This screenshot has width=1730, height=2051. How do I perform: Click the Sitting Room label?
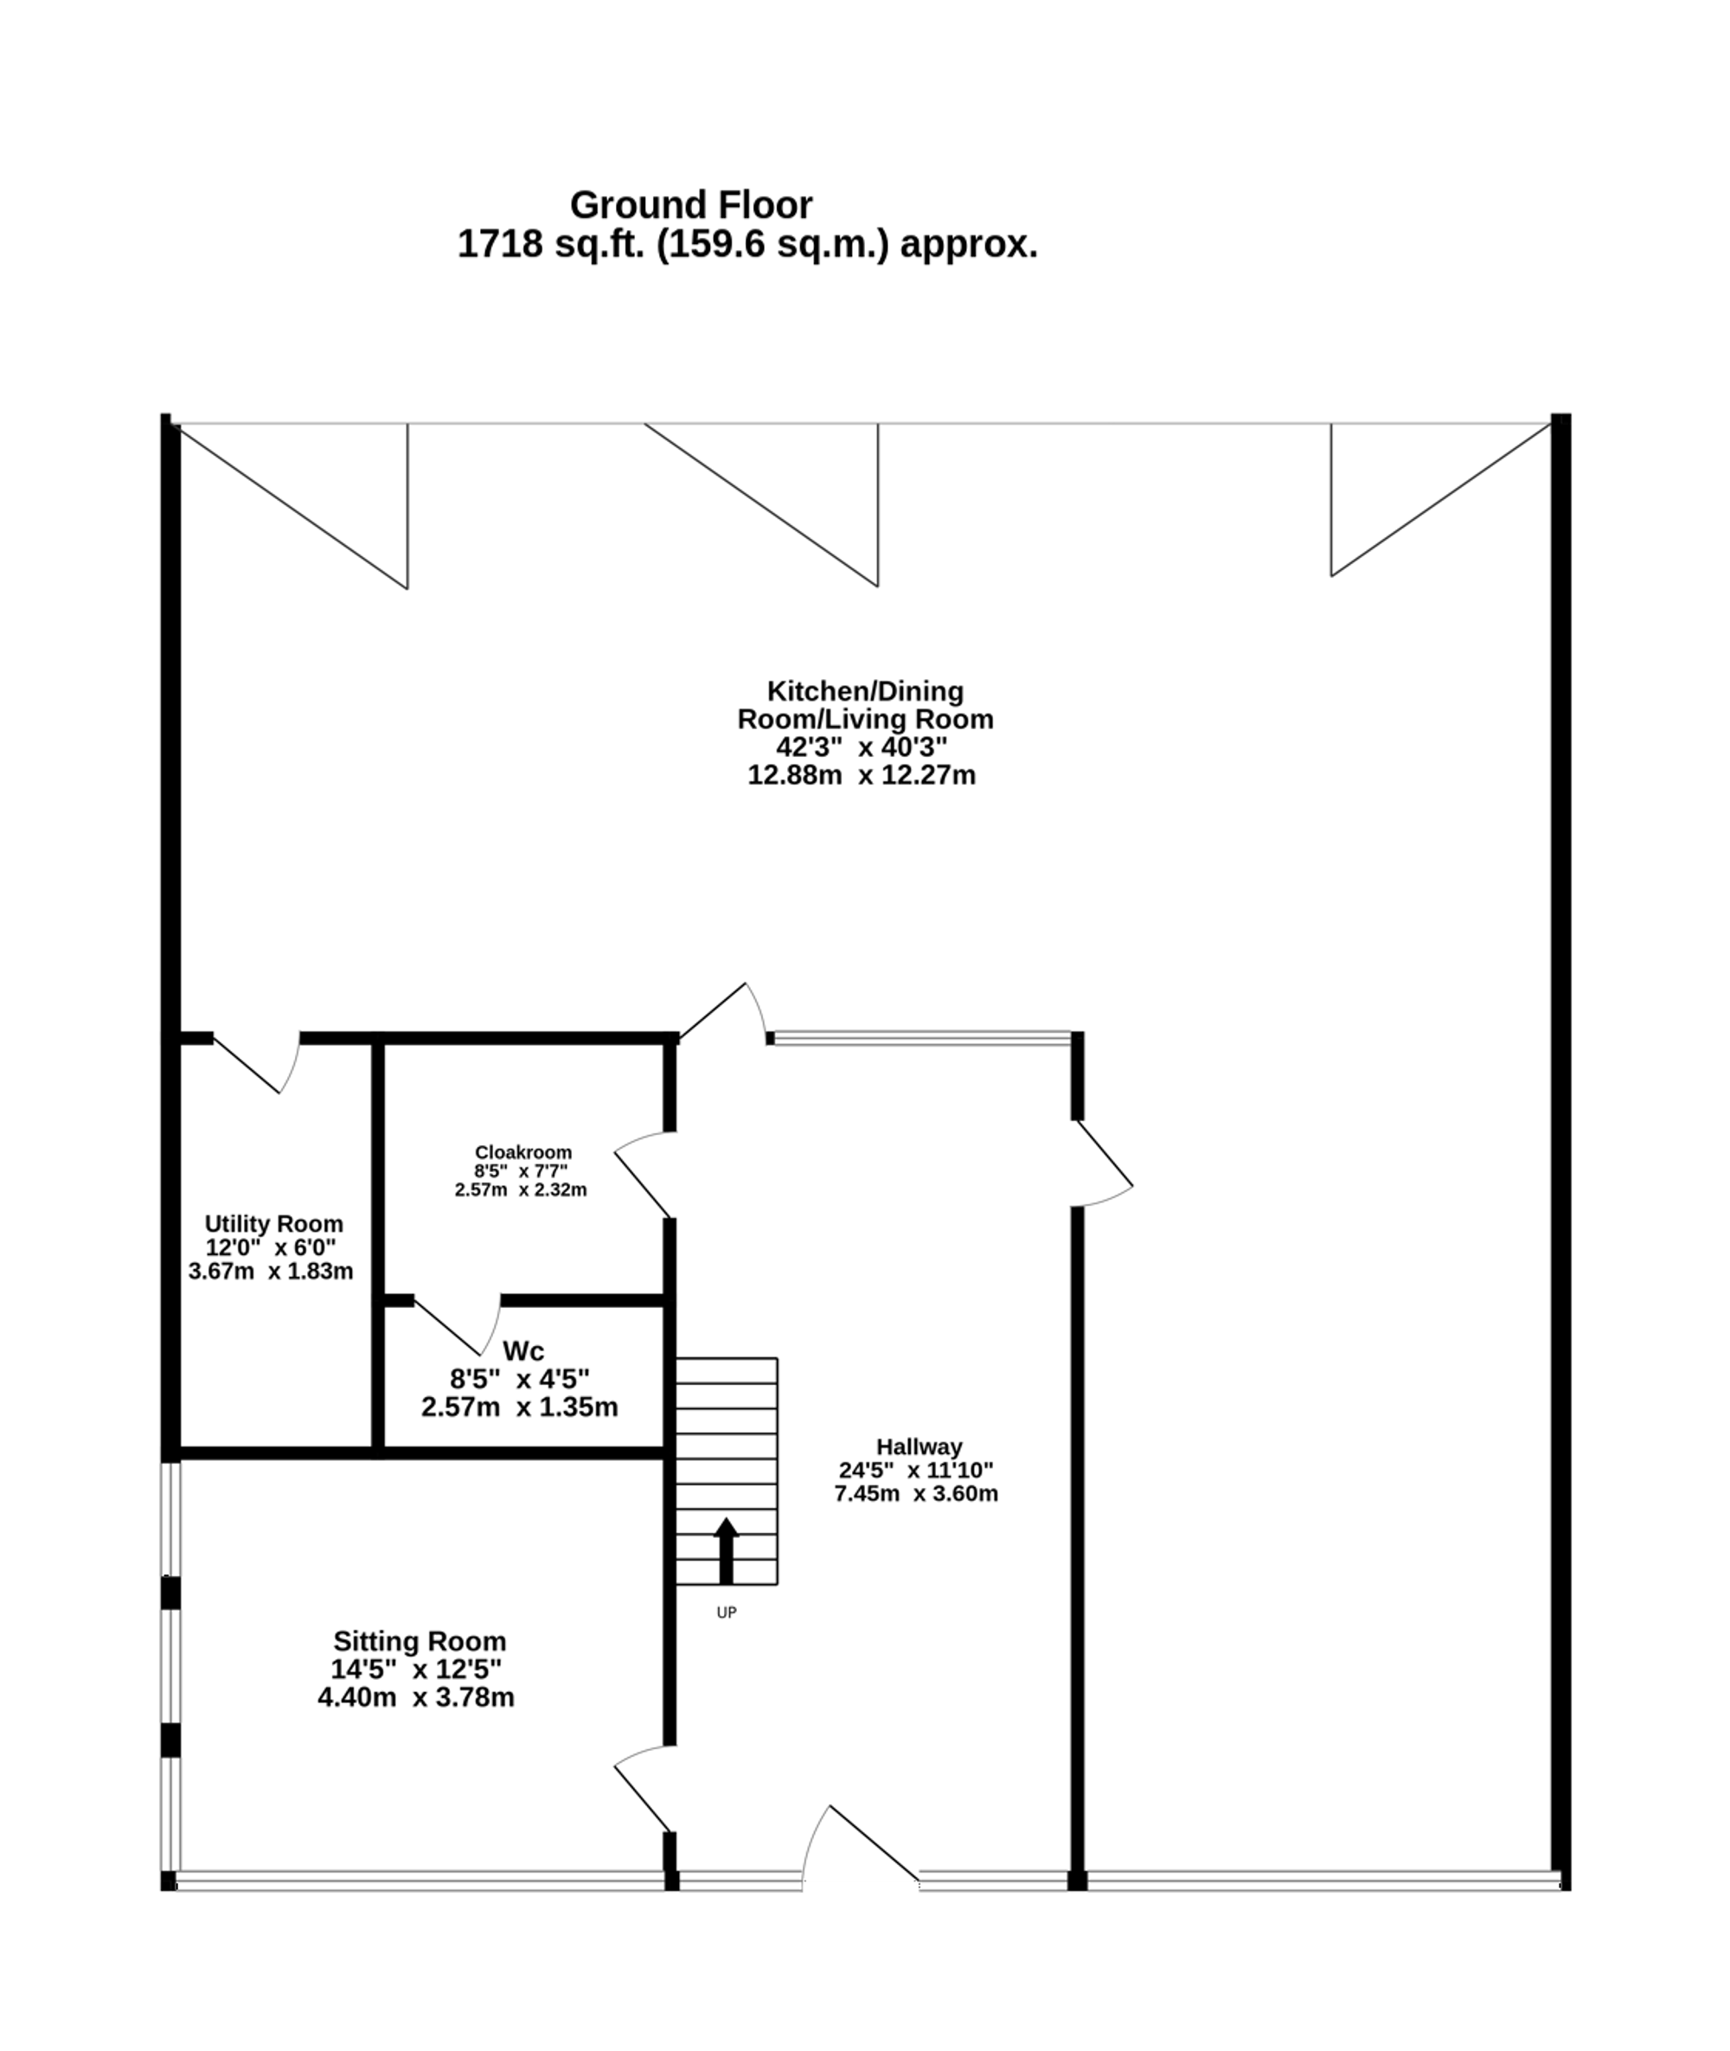[420, 1641]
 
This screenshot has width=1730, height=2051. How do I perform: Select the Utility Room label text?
[273, 1223]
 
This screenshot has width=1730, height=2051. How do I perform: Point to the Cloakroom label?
[522, 1151]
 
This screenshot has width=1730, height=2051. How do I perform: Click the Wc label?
[522, 1350]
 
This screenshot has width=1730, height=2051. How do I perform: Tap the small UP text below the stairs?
[726, 1612]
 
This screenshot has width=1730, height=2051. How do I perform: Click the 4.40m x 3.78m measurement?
[416, 1697]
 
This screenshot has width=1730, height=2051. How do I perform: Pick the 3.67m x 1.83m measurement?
[271, 1272]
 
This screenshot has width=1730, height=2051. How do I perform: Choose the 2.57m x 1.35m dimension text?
[520, 1407]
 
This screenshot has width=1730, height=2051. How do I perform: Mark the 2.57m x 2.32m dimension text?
[521, 1189]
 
